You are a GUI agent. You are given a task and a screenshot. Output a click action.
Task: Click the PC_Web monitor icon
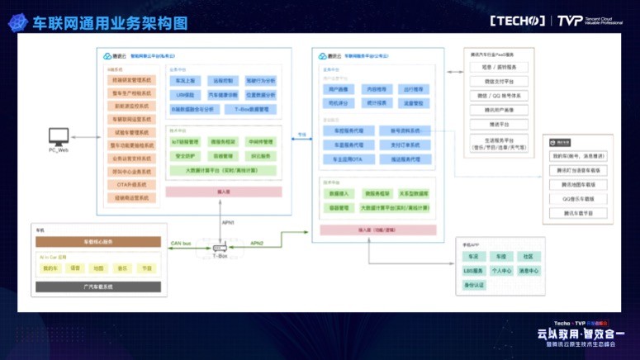point(59,135)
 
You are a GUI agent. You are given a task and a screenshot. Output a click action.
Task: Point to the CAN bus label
point(181,244)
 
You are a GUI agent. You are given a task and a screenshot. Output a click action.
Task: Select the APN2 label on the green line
point(257,244)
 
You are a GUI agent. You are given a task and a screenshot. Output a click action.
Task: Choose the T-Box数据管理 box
point(249,109)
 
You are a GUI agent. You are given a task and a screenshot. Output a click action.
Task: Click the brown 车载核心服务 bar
point(97,242)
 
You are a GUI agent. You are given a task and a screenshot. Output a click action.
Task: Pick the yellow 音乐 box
point(122,268)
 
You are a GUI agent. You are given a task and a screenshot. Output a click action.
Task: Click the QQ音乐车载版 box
point(579,199)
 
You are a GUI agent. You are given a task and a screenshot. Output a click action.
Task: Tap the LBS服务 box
point(472,271)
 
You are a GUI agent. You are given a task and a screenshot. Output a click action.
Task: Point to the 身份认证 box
point(474,285)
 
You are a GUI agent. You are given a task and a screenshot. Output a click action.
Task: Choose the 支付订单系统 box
point(400,144)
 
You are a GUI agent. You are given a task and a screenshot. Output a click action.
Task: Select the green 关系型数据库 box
point(413,194)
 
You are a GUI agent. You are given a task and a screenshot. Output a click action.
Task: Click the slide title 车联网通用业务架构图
point(110,22)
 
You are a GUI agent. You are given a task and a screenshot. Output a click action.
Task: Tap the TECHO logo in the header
point(518,21)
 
